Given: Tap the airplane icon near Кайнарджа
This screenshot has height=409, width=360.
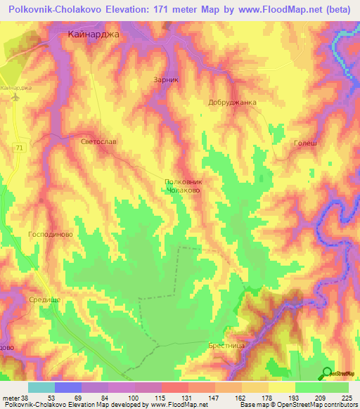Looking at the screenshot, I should tap(15, 98).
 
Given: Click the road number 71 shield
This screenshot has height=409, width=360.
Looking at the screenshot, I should tap(20, 146).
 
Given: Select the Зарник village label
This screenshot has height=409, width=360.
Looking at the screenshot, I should tap(167, 80).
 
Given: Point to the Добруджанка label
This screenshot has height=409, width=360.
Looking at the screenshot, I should tap(233, 103).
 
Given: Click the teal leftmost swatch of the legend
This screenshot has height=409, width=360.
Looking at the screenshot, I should tap(41, 387).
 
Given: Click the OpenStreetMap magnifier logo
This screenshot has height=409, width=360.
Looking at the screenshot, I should tap(328, 372).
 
